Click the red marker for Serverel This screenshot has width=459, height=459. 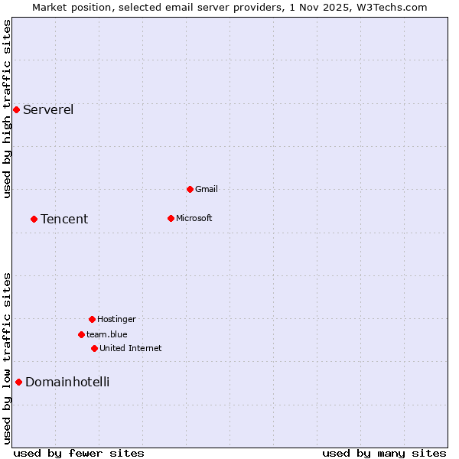16,109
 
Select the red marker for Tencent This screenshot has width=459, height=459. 34,219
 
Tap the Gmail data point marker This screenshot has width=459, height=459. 190,189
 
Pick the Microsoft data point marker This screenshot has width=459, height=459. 171,218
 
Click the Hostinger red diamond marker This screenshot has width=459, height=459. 92,319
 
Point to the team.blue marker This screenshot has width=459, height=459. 81,334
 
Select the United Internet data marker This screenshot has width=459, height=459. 94,348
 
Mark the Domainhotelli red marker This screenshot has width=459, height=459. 18,382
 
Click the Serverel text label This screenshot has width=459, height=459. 48,109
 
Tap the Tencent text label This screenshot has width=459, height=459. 64,220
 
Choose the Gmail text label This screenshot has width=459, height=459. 207,189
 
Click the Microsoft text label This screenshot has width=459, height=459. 194,218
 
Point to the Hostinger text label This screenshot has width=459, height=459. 116,319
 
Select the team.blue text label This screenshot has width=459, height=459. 107,334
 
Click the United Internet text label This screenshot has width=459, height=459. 131,348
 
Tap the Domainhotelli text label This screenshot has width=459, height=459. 67,382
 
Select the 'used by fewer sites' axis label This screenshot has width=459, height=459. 79,453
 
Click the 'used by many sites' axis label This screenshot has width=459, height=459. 384,453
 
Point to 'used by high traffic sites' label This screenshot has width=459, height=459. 7,109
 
